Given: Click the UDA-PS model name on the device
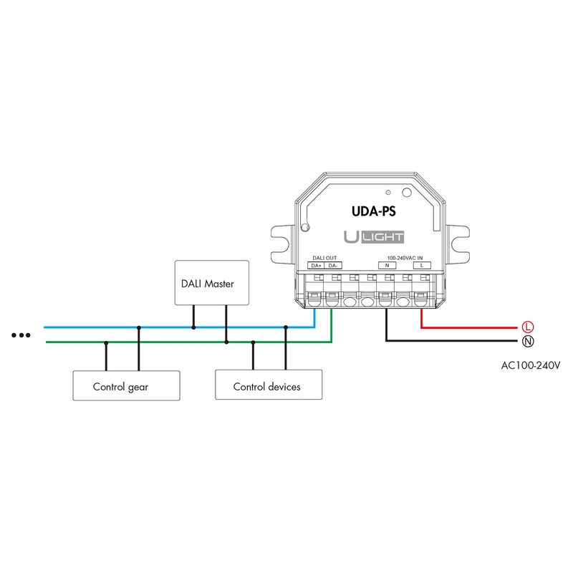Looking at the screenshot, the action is pyautogui.click(x=373, y=211).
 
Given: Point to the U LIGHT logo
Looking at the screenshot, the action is pyautogui.click(x=374, y=237).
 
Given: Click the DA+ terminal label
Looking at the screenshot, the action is pyautogui.click(x=316, y=266).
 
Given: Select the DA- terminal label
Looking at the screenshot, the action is pyautogui.click(x=333, y=266).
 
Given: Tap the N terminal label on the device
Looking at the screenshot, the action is pyautogui.click(x=387, y=266).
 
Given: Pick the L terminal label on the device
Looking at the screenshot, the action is pyautogui.click(x=422, y=266).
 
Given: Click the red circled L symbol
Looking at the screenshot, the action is pyautogui.click(x=528, y=327).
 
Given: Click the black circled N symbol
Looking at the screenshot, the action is pyautogui.click(x=528, y=342).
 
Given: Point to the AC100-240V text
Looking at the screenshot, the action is pyautogui.click(x=530, y=365).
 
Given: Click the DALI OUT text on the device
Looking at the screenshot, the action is pyautogui.click(x=324, y=258).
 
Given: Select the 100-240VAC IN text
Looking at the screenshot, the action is pyautogui.click(x=405, y=258).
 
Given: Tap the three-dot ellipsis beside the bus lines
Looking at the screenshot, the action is pyautogui.click(x=21, y=335).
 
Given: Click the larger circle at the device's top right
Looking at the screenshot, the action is pyautogui.click(x=407, y=193).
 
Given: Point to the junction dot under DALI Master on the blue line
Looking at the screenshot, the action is pyautogui.click(x=193, y=327).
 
